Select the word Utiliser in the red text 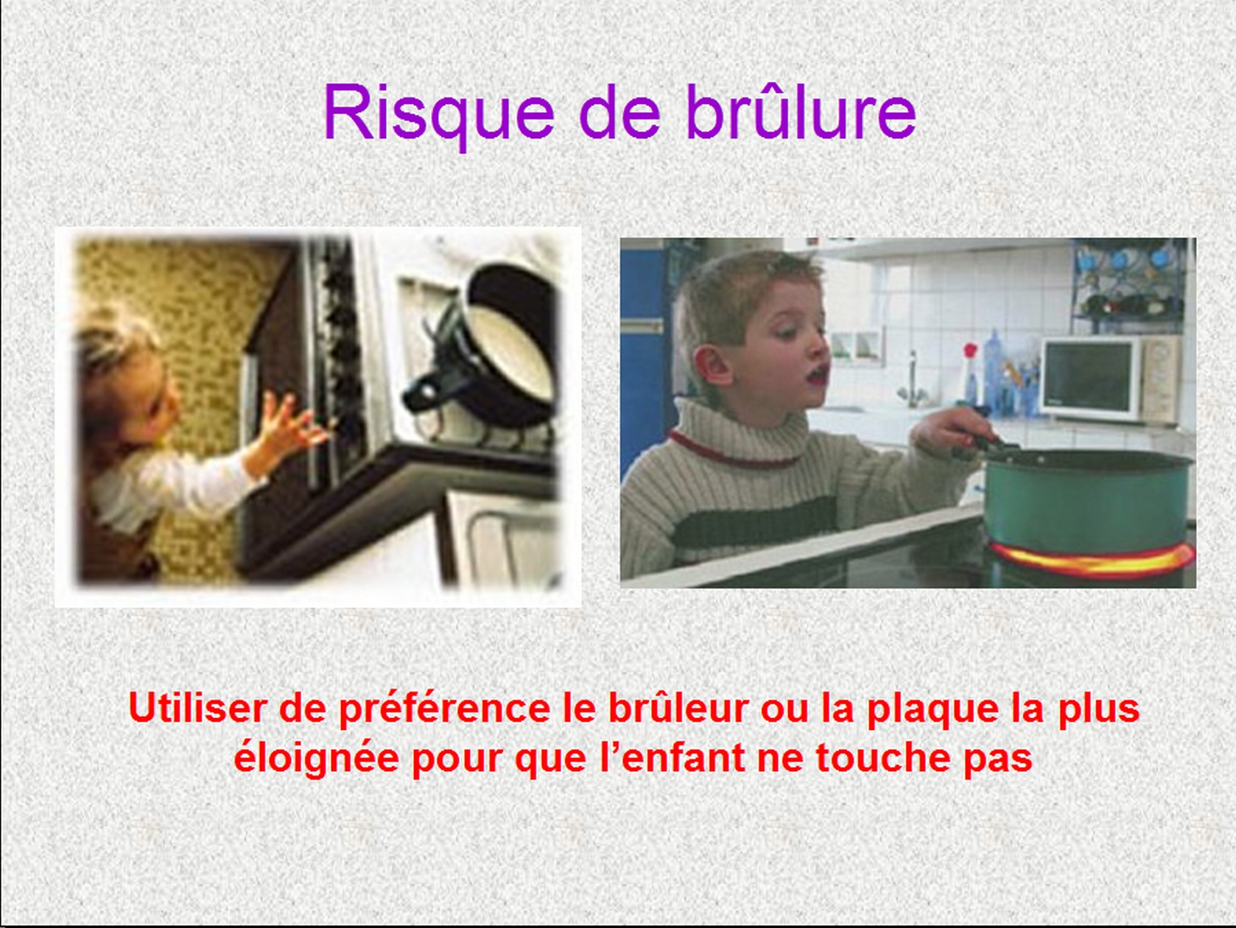197,707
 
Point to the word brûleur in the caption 678,707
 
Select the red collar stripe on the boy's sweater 732,450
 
